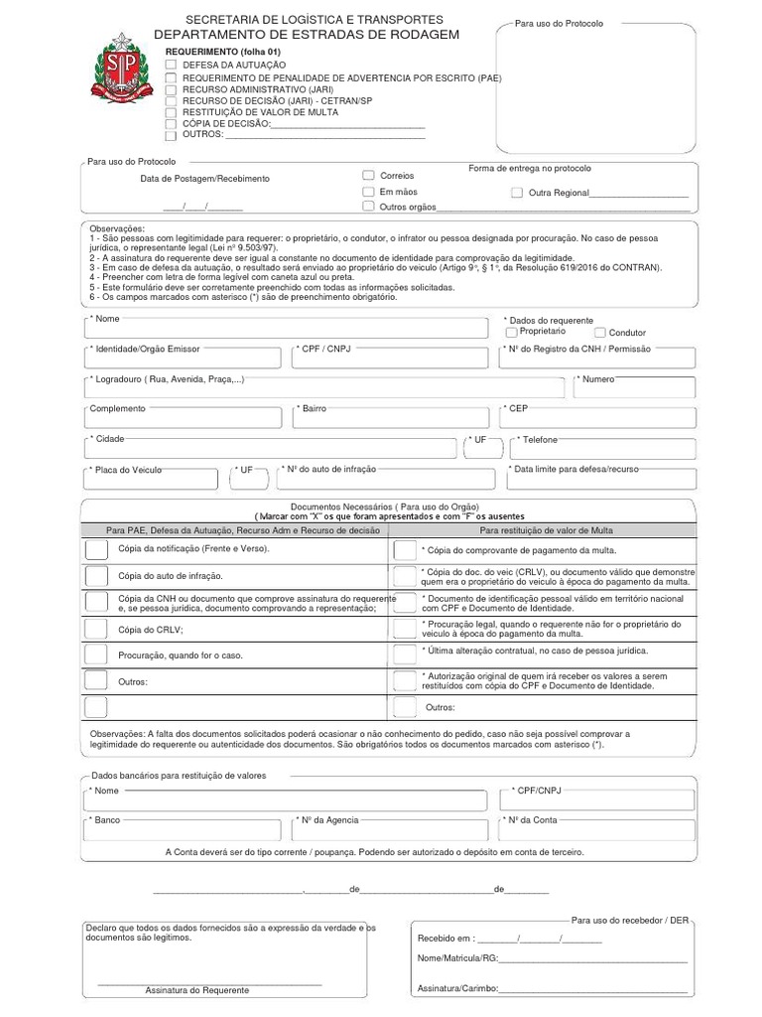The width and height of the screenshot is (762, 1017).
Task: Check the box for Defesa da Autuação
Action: pos(172,64)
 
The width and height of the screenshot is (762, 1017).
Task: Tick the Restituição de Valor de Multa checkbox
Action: pos(172,112)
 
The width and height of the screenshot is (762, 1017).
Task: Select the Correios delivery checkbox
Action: pos(369,175)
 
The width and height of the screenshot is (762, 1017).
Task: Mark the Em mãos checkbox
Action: pos(369,191)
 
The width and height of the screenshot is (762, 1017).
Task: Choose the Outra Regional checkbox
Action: pos(517,193)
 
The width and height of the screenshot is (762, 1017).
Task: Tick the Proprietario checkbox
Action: pos(512,333)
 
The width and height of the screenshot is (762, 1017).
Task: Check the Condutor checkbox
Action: pos(600,333)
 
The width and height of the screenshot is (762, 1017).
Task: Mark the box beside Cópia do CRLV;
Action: pos(96,629)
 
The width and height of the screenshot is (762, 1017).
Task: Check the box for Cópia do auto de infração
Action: pos(96,576)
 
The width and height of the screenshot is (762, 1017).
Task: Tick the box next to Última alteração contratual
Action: pos(405,653)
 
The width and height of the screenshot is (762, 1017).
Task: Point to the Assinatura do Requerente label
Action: pos(197,990)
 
